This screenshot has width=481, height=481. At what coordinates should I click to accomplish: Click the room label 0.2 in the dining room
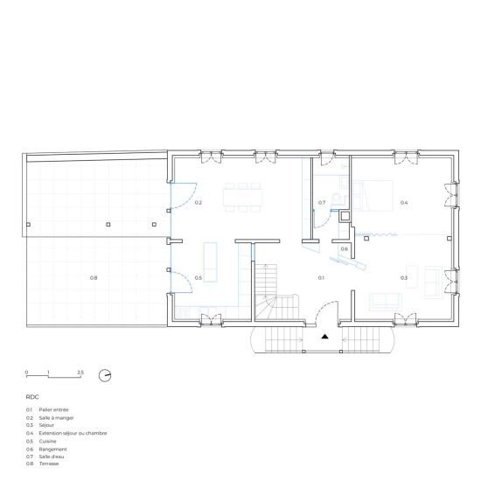[199, 203]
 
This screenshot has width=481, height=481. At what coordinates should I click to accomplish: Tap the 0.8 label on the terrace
[94, 277]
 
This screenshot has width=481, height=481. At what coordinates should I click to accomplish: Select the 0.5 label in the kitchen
[199, 277]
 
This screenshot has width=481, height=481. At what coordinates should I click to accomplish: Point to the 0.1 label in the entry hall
[321, 277]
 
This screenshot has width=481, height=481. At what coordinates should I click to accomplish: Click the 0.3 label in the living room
[404, 277]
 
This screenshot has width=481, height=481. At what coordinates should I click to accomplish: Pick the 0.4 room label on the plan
[404, 203]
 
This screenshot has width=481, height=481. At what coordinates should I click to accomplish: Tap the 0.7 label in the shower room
[322, 203]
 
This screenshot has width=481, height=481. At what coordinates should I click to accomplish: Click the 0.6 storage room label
[345, 248]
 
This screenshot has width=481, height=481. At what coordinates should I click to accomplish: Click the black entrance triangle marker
[324, 337]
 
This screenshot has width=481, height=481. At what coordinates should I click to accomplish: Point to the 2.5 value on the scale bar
[80, 373]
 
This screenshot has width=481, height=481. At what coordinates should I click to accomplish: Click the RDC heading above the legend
[32, 397]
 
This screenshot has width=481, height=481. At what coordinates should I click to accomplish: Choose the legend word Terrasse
[49, 464]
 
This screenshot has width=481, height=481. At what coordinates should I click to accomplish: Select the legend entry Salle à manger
[57, 418]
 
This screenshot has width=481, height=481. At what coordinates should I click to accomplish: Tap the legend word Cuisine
[47, 441]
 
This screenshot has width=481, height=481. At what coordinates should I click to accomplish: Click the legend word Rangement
[52, 450]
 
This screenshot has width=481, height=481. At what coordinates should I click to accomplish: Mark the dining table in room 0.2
[243, 198]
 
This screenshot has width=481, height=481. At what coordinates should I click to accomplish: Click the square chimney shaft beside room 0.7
[345, 216]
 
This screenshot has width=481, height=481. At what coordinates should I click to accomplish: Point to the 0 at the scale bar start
[26, 373]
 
